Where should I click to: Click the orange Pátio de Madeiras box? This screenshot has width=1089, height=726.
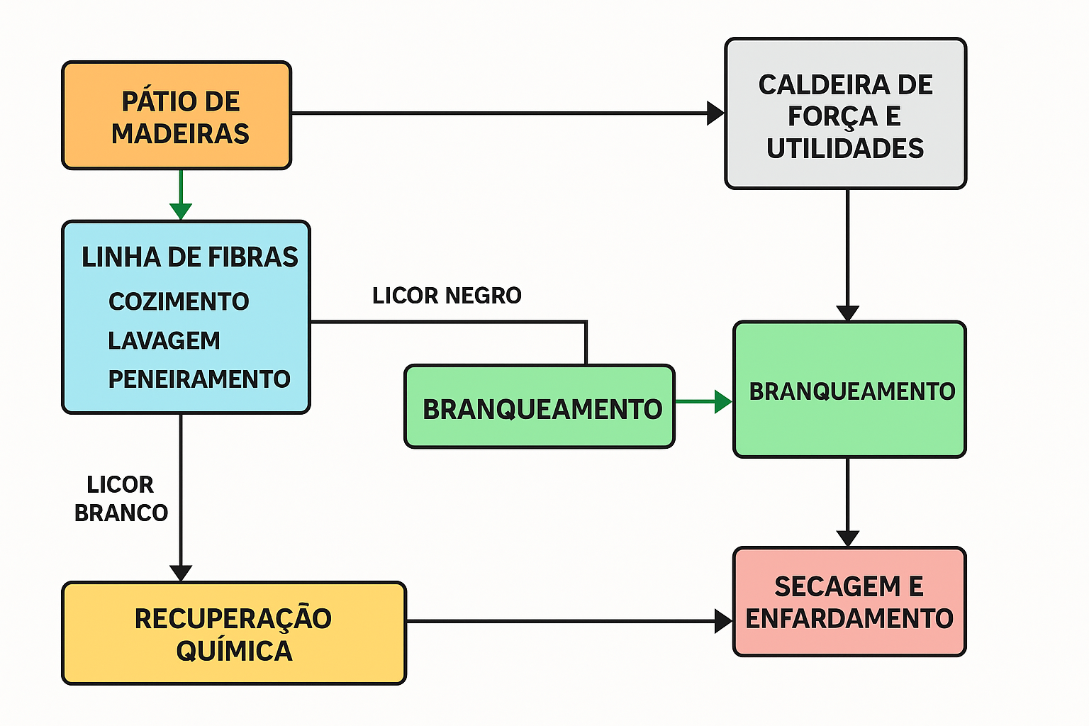point(177,116)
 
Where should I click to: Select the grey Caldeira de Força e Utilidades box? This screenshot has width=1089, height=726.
point(845,113)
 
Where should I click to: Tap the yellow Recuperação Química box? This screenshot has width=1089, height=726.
point(234,633)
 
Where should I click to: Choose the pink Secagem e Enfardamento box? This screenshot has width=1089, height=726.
point(849,602)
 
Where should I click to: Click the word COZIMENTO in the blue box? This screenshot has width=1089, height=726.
point(179,301)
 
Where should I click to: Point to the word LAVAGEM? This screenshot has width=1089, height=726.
point(164,340)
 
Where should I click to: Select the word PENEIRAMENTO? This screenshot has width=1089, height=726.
point(199,379)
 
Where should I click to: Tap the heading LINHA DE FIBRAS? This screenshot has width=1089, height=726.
point(189,257)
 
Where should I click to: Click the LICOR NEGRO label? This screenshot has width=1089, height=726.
point(447,295)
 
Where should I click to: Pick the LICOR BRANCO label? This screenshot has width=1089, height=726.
point(121,498)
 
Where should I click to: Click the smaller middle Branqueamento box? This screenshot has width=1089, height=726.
point(539,407)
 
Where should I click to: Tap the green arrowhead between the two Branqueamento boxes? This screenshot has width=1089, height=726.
point(723,401)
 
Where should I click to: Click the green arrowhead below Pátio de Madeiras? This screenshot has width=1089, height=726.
point(181,211)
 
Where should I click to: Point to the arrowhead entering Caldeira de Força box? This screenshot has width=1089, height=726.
point(715,113)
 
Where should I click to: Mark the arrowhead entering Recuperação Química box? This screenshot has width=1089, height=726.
point(181,573)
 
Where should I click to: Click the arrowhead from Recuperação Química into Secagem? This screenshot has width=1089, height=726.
point(723,622)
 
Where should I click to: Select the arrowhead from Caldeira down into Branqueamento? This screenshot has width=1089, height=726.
point(847,313)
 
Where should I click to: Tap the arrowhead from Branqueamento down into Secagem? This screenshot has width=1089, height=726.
point(847,538)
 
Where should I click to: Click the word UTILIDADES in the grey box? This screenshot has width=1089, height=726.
point(845,148)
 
